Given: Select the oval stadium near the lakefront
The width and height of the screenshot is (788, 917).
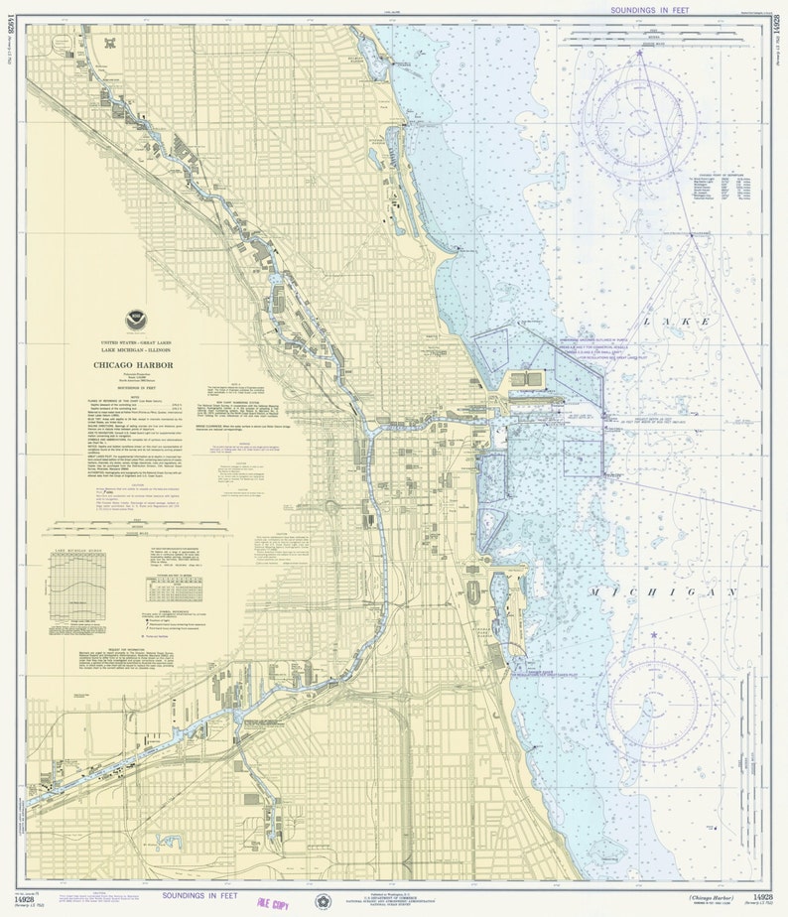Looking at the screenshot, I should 473,592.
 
